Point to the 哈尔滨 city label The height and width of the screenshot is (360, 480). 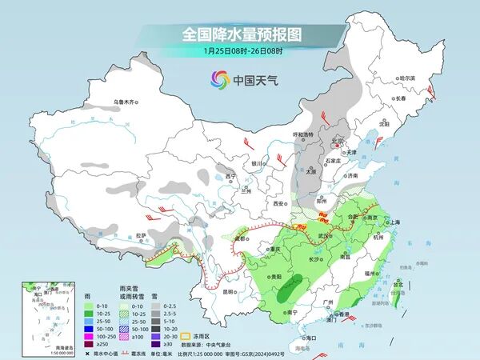coord(407,78)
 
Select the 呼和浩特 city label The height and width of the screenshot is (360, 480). coord(306,134)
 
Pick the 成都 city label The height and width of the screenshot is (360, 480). coord(242,238)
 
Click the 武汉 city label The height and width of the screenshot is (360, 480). coord(323,235)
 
